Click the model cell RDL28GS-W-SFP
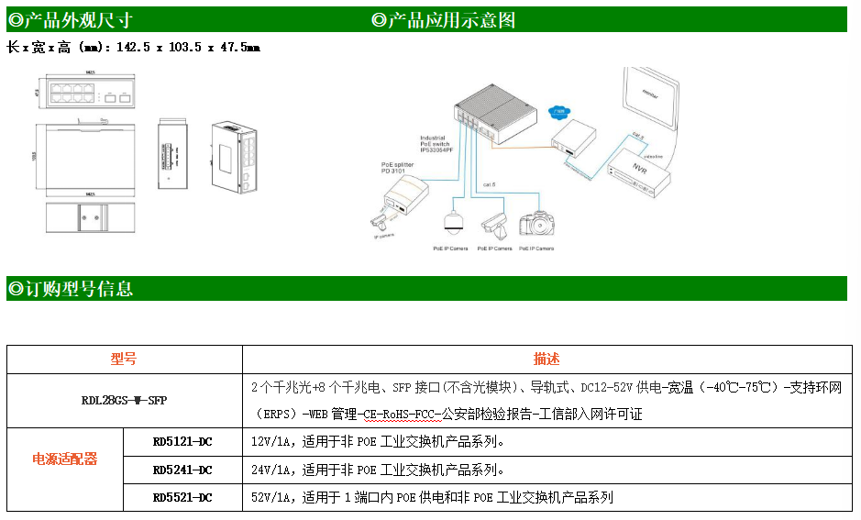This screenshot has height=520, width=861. [x=125, y=401]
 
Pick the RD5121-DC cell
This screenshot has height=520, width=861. [x=182, y=442]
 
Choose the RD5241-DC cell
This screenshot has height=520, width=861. [x=182, y=470]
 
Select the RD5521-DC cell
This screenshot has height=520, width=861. [x=182, y=497]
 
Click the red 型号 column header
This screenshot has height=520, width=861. [x=124, y=360]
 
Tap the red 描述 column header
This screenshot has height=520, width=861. [x=546, y=360]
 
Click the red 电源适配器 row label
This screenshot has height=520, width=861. [x=65, y=459]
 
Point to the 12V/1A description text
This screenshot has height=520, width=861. [x=378, y=442]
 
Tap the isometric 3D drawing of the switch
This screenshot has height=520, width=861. [x=237, y=156]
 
